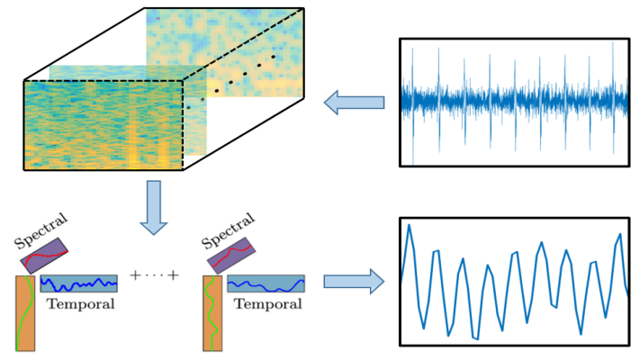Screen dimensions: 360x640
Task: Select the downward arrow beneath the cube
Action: (155, 203)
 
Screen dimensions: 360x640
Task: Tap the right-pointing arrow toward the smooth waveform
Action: (354, 283)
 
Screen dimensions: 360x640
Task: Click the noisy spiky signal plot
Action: (514, 102)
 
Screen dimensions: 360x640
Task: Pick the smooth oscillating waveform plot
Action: (514, 282)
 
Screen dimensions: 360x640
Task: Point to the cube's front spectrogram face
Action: (103, 125)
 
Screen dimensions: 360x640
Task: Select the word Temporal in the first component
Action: (80, 303)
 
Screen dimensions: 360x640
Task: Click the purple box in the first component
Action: (52, 255)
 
